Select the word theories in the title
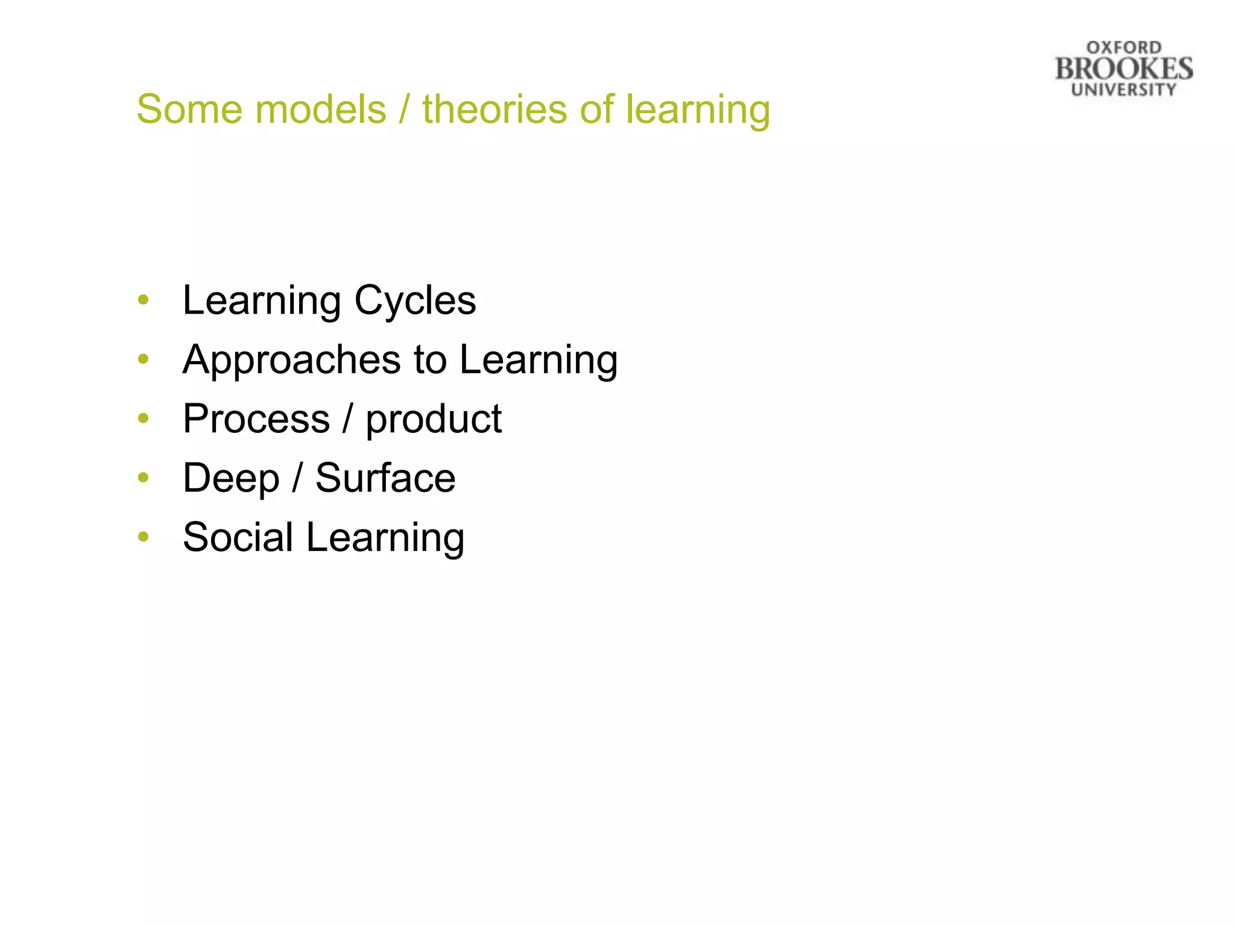(494, 110)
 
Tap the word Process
(256, 419)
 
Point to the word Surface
(385, 478)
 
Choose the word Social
(238, 537)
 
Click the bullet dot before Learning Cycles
(143, 300)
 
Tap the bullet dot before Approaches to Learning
(143, 359)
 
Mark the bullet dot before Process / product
(143, 418)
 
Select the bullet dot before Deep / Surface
(143, 477)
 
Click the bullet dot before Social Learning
(143, 537)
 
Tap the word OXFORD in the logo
(1123, 48)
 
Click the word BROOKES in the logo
(1123, 69)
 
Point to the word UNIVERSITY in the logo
(1123, 90)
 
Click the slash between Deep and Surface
(297, 478)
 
